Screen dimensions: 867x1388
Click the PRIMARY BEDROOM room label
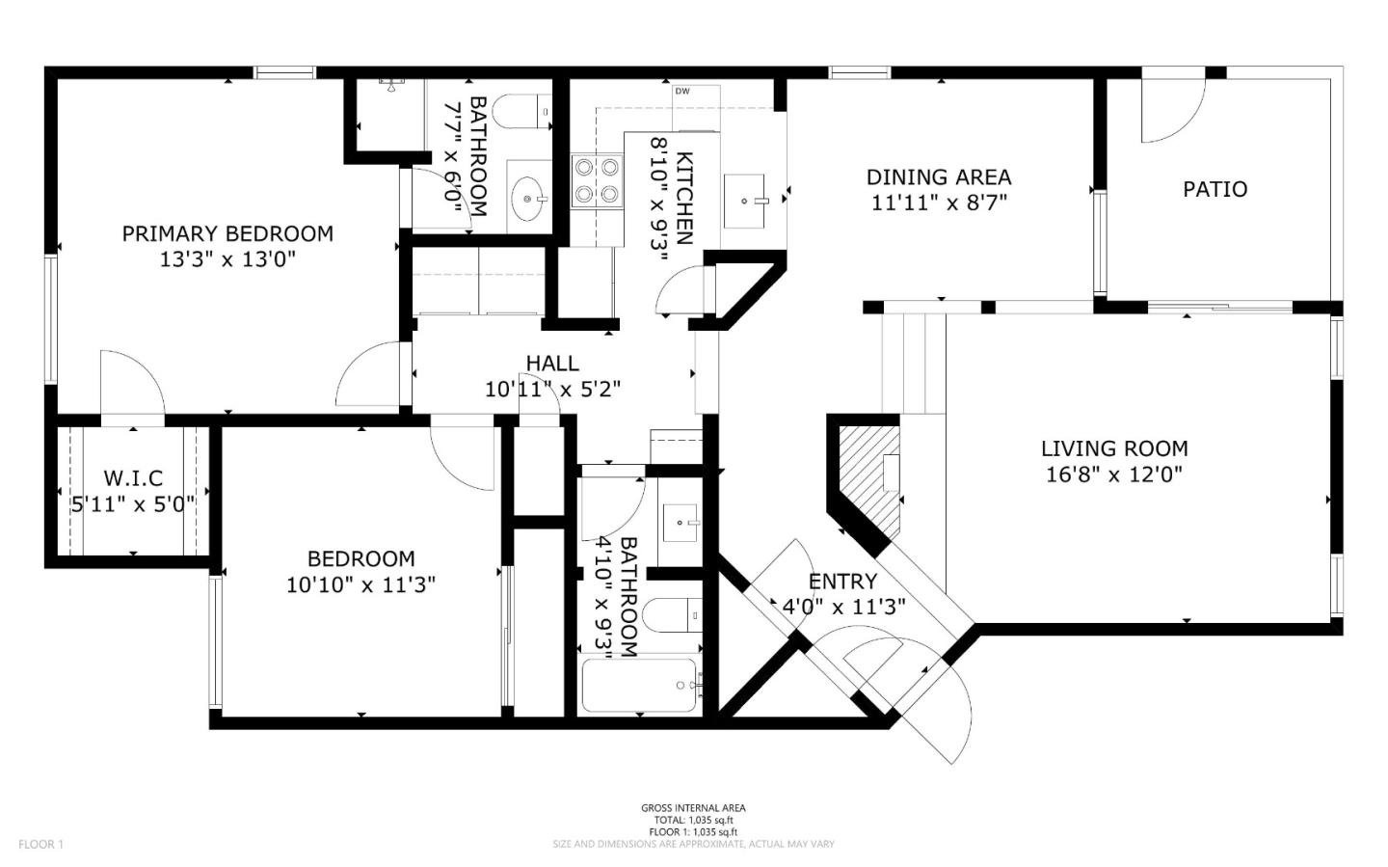(x=227, y=233)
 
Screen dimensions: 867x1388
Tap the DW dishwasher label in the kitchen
(x=682, y=92)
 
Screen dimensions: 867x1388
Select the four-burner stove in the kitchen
(x=596, y=181)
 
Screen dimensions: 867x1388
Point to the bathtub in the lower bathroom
(x=640, y=686)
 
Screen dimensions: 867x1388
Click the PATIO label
(x=1214, y=189)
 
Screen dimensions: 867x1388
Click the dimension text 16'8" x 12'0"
(x=1114, y=474)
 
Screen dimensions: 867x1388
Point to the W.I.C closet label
(x=133, y=478)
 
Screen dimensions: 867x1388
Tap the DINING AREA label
(x=939, y=177)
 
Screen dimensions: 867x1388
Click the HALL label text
(x=552, y=364)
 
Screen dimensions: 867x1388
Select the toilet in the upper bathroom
(x=521, y=111)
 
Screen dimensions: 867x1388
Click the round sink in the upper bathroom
(x=529, y=199)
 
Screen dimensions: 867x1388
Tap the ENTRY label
(x=842, y=582)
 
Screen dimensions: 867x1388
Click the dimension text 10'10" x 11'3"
(x=361, y=584)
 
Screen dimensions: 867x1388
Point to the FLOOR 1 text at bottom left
(x=40, y=845)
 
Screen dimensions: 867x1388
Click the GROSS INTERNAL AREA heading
(x=693, y=808)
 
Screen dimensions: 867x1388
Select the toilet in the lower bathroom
(x=673, y=613)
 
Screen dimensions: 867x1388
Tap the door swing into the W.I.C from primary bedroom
(x=130, y=384)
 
